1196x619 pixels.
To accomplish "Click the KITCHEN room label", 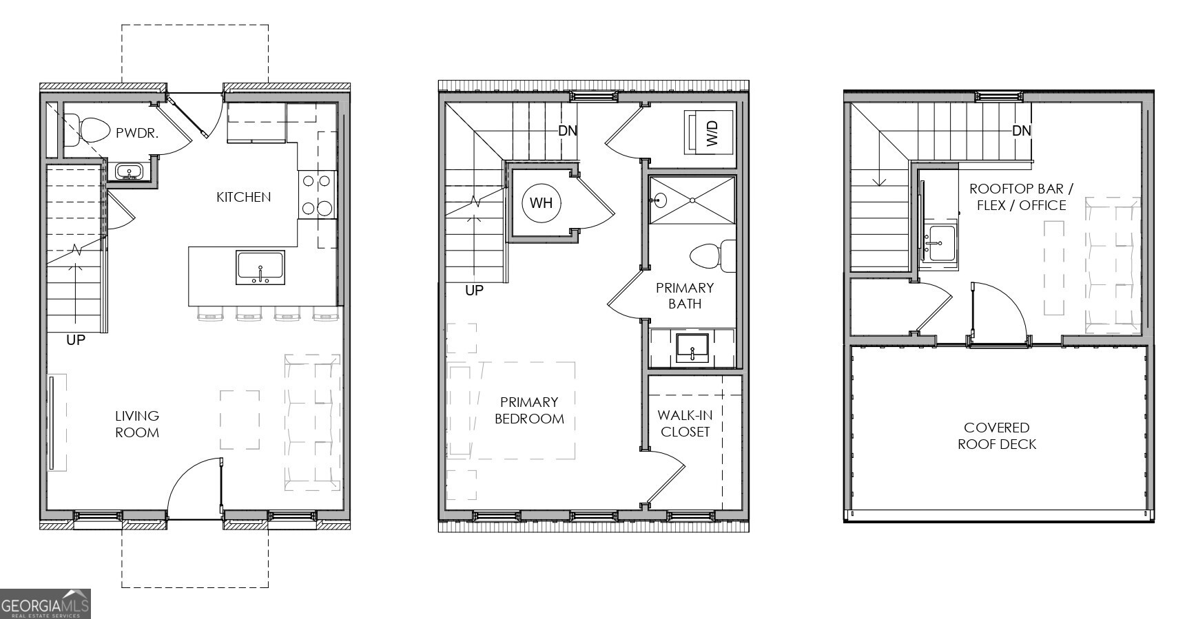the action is coord(243,197).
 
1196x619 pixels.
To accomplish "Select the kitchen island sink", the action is coord(260,267).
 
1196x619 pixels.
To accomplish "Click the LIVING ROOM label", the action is coord(137,424).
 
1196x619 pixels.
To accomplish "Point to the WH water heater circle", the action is coord(541,203).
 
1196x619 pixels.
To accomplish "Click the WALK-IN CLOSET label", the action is coord(685,423).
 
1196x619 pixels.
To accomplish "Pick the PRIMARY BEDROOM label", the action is coord(529,410).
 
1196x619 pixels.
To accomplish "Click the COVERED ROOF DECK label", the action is coord(996,436).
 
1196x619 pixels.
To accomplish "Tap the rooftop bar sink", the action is coord(940,244).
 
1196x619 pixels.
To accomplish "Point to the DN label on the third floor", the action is coord(1021,130).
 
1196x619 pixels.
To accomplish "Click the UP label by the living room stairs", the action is coord(75,339).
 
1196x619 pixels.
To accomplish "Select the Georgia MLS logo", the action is coord(45,604).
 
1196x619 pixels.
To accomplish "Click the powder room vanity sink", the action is coord(128,171).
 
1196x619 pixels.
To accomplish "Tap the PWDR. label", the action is coord(137,133).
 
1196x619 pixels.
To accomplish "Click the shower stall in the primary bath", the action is coord(692,200).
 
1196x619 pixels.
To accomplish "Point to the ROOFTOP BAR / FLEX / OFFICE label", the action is coord(1021,197).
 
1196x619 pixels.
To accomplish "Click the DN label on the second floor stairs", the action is coord(567,130).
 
